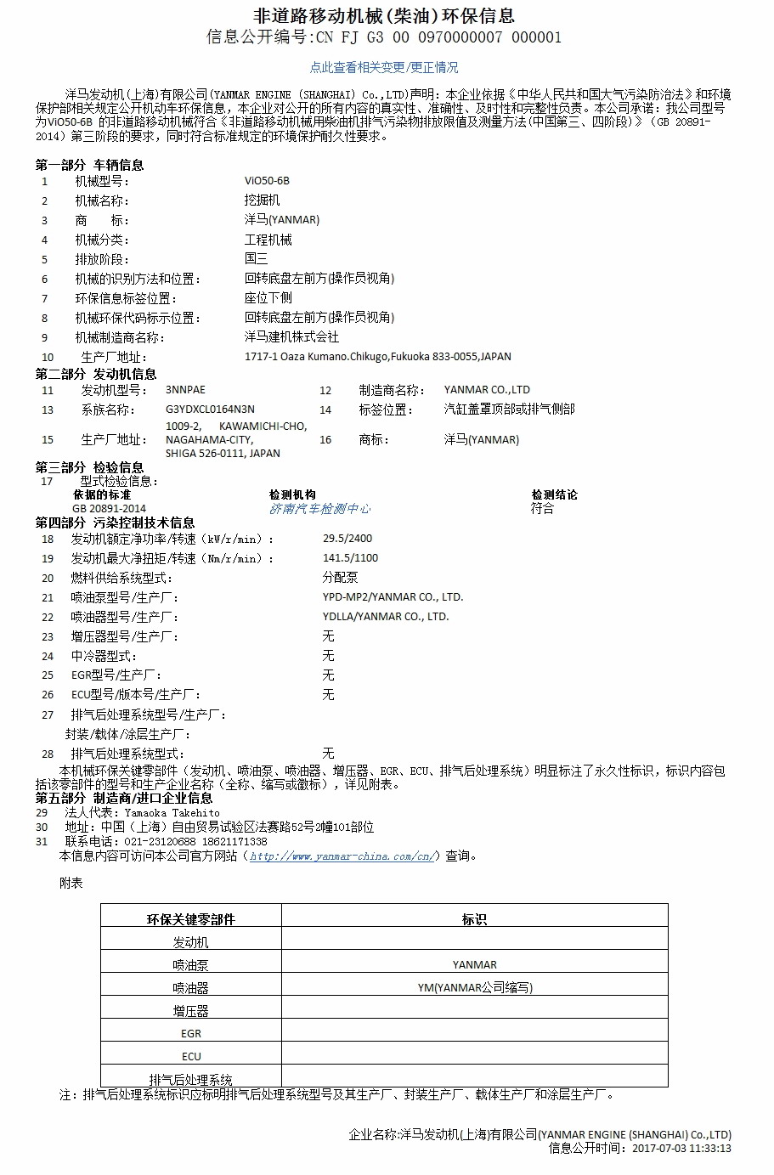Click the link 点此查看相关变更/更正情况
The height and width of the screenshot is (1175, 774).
[384, 67]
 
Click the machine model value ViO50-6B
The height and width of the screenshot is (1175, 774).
[267, 181]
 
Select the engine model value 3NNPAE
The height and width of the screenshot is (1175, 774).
[185, 390]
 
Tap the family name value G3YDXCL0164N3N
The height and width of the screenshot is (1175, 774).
[210, 410]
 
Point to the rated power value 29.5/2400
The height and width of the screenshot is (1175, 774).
[347, 539]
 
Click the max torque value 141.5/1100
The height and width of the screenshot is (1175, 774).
[351, 558]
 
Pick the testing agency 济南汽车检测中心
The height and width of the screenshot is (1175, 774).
[319, 508]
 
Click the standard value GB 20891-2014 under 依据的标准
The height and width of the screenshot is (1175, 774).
[109, 508]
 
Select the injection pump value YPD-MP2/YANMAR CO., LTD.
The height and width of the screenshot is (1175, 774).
[393, 597]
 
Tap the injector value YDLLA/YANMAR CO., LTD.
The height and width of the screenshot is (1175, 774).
[386, 617]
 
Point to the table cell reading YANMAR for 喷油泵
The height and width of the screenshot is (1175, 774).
[474, 965]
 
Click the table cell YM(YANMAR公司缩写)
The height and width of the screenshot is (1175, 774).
[475, 988]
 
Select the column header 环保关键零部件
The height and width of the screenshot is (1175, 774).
[191, 919]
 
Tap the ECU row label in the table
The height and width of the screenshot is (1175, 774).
[191, 1057]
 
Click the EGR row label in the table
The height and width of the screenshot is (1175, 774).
[191, 1034]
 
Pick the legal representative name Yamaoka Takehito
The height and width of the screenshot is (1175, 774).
[172, 813]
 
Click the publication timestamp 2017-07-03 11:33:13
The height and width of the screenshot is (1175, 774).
[681, 1149]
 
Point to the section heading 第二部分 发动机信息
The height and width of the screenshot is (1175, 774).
[96, 374]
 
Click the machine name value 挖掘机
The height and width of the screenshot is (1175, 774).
[262, 201]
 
